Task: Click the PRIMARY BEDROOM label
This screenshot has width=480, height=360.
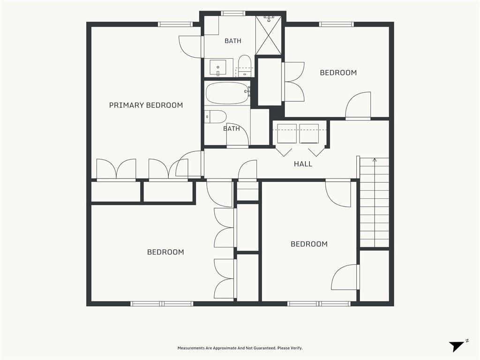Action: tap(146, 105)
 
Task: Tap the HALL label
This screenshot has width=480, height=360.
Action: tap(303, 164)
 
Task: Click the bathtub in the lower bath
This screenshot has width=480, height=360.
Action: tap(227, 93)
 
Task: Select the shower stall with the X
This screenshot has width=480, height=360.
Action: tap(268, 35)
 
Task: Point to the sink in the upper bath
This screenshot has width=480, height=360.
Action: tap(217, 67)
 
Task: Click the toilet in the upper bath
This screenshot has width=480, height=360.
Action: tap(245, 66)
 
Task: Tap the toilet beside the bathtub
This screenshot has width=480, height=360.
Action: tap(216, 117)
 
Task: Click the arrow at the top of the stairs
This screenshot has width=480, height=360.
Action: tap(375, 160)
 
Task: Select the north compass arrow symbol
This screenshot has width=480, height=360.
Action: tap(457, 346)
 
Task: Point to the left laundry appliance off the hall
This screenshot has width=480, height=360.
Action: tap(287, 134)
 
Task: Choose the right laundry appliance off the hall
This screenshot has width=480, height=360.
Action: tap(309, 134)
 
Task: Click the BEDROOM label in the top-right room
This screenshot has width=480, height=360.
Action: tap(338, 73)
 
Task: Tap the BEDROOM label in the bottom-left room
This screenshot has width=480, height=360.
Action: tap(165, 252)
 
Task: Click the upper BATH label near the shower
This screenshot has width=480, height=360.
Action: tap(233, 41)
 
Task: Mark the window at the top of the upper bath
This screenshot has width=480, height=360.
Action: tap(233, 13)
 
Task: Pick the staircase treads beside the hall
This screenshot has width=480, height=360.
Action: tap(375, 202)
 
